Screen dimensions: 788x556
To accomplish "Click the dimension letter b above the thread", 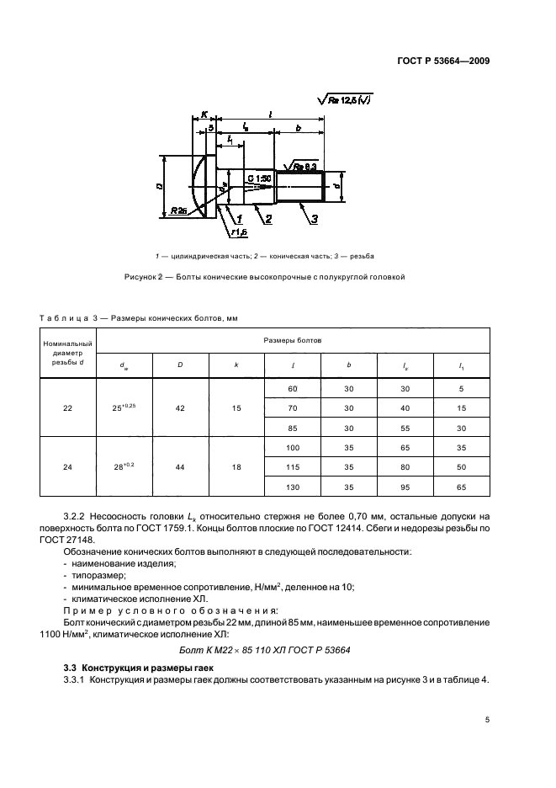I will [x=299, y=128].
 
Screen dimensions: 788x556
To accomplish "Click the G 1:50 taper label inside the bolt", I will [x=258, y=178].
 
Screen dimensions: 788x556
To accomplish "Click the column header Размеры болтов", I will [x=294, y=340].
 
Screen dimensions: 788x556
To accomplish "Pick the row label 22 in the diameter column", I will [x=68, y=407].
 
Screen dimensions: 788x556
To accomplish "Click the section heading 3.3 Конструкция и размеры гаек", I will [x=139, y=667].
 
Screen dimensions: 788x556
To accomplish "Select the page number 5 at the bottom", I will [x=487, y=720].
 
